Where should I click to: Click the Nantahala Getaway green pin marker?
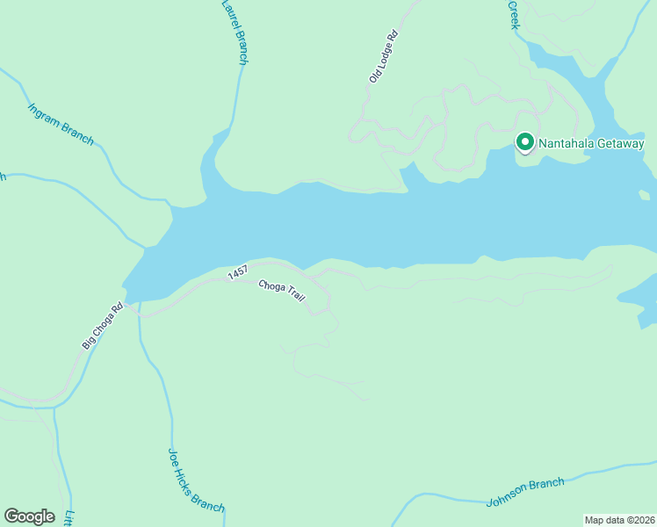tap(525, 141)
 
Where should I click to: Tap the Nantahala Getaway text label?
tap(592, 144)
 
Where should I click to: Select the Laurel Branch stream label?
tap(233, 32)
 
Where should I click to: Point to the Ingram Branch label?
tap(61, 124)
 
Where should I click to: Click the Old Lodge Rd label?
tap(384, 57)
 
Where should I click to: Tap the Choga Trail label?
tap(281, 291)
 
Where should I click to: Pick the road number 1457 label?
tap(238, 273)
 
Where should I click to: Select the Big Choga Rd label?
tap(103, 327)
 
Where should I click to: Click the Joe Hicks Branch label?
tap(196, 480)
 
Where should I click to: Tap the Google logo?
tap(29, 516)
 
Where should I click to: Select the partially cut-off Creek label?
tap(515, 15)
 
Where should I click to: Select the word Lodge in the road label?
tap(385, 54)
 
